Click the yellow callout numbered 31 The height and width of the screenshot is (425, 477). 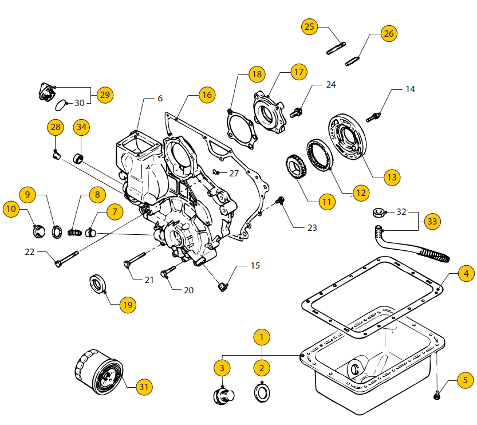pyautogui.click(x=144, y=387)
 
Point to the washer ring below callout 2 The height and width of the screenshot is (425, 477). pyautogui.click(x=262, y=394)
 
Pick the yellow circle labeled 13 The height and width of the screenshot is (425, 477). pyautogui.click(x=392, y=178)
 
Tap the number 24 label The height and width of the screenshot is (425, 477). pyautogui.click(x=330, y=85)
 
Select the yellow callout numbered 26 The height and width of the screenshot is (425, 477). pyautogui.click(x=389, y=34)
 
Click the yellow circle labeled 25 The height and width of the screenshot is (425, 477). pyautogui.click(x=310, y=26)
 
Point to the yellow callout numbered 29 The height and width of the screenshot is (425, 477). pyautogui.click(x=104, y=95)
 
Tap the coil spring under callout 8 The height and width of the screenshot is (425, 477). pyautogui.click(x=73, y=232)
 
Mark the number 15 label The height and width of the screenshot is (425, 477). pyautogui.click(x=255, y=266)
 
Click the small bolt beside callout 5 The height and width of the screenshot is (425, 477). pyautogui.click(x=437, y=394)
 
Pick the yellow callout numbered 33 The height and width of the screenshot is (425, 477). pyautogui.click(x=433, y=221)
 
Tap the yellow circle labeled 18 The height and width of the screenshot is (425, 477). pyautogui.click(x=257, y=74)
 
